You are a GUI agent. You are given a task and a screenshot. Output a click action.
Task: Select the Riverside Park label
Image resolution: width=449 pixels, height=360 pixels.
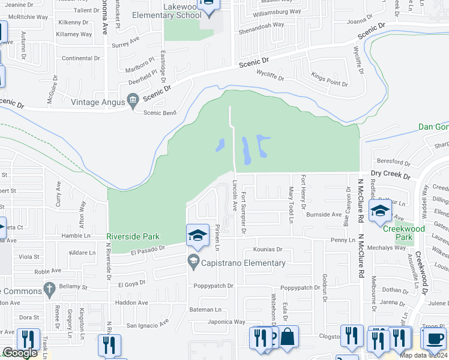tap(133, 236)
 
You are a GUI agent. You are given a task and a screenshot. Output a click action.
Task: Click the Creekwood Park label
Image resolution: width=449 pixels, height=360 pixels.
tap(405, 233)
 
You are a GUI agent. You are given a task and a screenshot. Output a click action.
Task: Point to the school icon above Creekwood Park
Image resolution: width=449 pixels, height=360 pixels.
tap(380, 211)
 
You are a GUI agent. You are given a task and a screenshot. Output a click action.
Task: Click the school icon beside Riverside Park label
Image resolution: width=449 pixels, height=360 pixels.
tap(197, 235)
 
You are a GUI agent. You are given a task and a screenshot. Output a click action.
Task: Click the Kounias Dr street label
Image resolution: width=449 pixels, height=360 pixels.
tap(267, 249)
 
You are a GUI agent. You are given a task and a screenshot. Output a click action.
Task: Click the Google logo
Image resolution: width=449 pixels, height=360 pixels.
tap(19, 353)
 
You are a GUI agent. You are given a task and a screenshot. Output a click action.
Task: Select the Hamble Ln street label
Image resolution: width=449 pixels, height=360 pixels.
tap(76, 236)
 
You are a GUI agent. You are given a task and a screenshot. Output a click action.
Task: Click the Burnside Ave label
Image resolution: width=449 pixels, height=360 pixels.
tap(324, 214)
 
